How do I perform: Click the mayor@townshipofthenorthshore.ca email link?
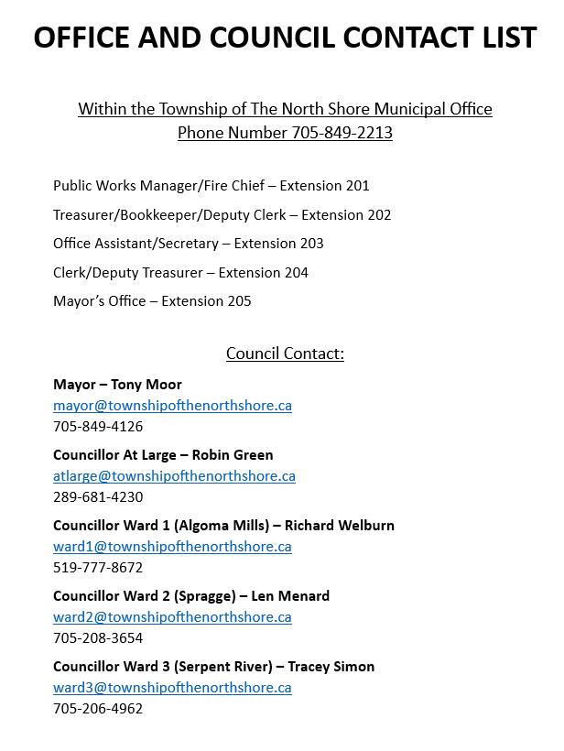[x=172, y=405]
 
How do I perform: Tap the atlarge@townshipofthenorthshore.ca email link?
[x=174, y=475]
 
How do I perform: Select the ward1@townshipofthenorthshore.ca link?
[x=172, y=546]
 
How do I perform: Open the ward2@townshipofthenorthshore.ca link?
[x=172, y=616]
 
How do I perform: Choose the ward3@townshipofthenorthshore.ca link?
[x=172, y=687]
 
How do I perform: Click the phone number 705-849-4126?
[x=98, y=426]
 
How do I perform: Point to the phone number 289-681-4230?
[x=98, y=496]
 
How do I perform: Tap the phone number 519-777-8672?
[x=98, y=567]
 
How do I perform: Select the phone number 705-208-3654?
[x=98, y=637]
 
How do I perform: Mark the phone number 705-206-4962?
[x=98, y=708]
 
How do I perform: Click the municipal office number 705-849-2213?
[x=342, y=133]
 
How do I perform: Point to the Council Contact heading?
[x=285, y=354]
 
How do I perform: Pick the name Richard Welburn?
[x=340, y=526]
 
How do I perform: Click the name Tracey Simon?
[x=331, y=667]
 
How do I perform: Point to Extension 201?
[x=325, y=186]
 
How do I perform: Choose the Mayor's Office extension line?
[x=152, y=300]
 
